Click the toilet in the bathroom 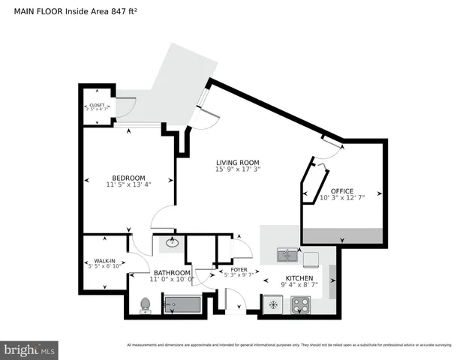[x=146, y=304]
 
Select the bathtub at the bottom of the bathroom [x=182, y=304]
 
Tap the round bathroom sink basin [x=173, y=242]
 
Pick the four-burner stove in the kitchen [x=301, y=304]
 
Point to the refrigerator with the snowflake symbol [x=272, y=304]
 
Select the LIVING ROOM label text [x=237, y=163]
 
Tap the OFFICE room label [x=341, y=190]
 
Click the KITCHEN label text [x=299, y=277]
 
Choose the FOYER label [x=239, y=269]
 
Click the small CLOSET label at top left [x=97, y=106]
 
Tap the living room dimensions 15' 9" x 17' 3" [x=237, y=170]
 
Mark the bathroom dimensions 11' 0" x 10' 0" [x=172, y=280]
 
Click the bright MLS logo [x=29, y=349]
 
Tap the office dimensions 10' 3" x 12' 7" [x=341, y=198]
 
